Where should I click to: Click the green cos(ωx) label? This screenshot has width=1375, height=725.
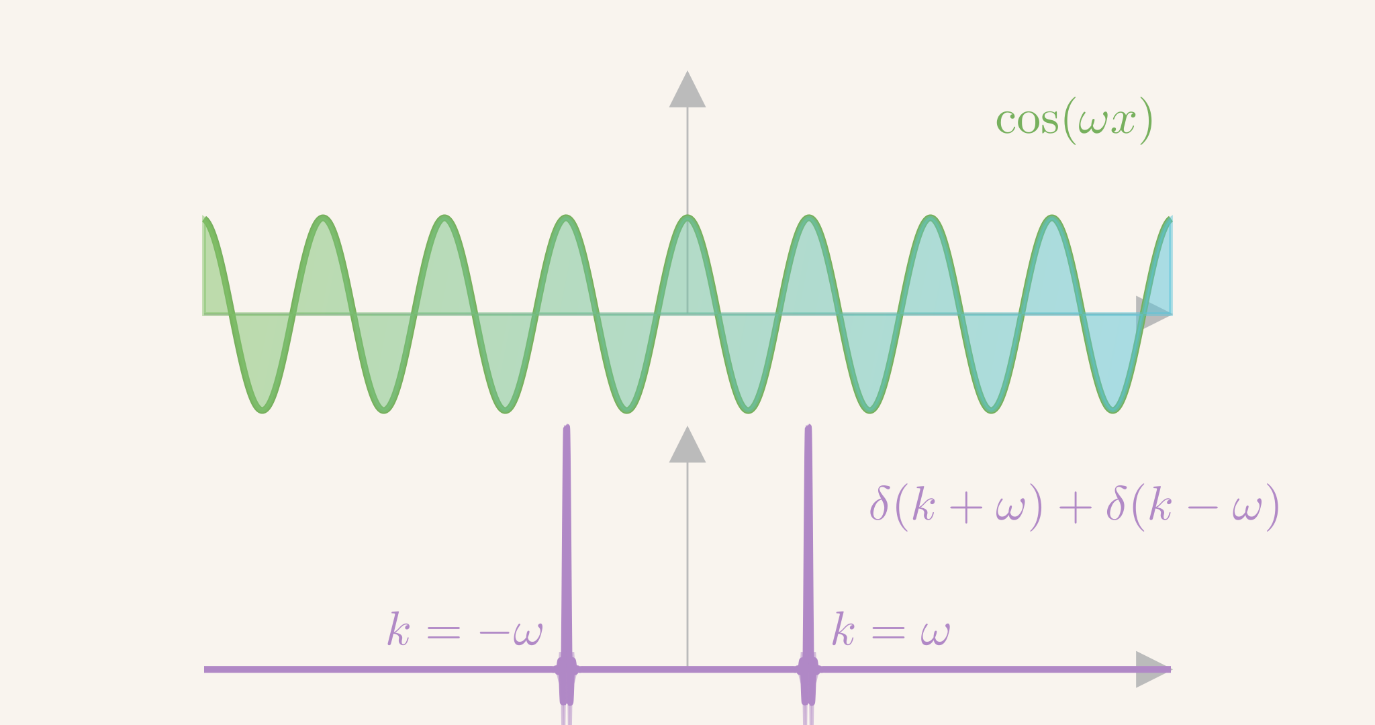(1074, 121)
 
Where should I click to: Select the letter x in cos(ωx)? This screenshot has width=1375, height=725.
(1122, 123)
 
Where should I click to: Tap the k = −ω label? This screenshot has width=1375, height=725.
(465, 630)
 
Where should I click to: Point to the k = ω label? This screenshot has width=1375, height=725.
(892, 630)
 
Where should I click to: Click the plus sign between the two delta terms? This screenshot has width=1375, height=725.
(1075, 508)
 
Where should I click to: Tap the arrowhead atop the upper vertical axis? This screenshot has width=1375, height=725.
(687, 89)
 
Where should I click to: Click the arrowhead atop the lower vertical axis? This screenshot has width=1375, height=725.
(687, 444)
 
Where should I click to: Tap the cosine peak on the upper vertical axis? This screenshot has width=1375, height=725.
(687, 218)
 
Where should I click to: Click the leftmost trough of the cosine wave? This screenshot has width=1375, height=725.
(263, 409)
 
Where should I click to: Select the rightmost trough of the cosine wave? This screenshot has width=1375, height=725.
(1112, 409)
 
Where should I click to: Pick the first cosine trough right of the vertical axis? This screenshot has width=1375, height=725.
(748, 409)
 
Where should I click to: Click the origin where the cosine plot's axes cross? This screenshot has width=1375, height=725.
(687, 313)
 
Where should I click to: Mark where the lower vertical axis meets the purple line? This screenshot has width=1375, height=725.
(687, 669)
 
